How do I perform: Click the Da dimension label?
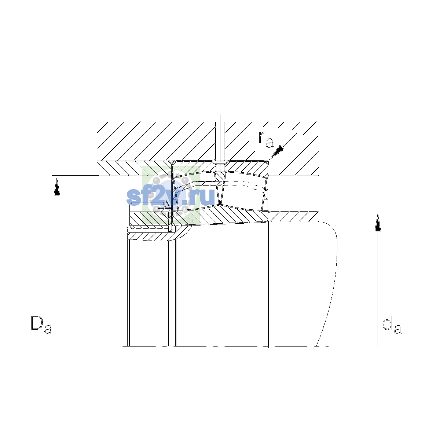click(x=41, y=324)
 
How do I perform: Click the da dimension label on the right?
click(x=392, y=324)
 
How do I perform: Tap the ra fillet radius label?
click(x=266, y=139)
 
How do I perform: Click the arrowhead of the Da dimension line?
click(x=57, y=187)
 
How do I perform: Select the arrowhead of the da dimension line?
click(x=378, y=223)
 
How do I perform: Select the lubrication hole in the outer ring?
click(x=220, y=167)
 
